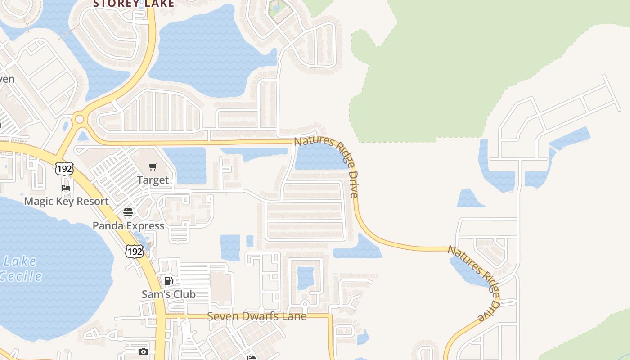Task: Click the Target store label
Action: (153, 180)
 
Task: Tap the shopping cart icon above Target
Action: (153, 167)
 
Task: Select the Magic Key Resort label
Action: (66, 201)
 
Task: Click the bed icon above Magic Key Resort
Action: (66, 188)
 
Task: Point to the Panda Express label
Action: (128, 225)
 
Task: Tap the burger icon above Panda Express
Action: (128, 212)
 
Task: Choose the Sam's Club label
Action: (168, 294)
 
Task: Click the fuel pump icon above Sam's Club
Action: (168, 281)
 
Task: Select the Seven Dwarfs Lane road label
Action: (256, 316)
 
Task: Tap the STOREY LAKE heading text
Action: (133, 4)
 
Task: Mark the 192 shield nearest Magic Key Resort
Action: (64, 169)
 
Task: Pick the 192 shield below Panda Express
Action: (135, 251)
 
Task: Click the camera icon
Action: (143, 351)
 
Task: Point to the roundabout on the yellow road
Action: (80, 119)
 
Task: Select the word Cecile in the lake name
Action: (21, 276)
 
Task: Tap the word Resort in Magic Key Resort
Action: (92, 201)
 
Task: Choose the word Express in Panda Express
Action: (146, 225)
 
